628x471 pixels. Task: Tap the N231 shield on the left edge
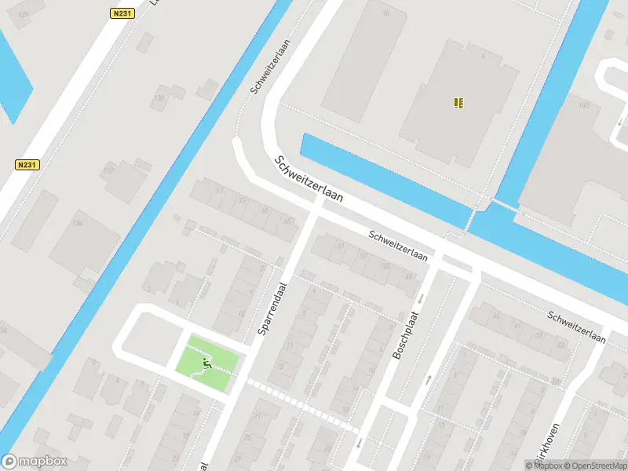coord(27,165)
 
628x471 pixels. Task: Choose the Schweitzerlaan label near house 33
coord(578,327)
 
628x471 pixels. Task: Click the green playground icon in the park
coord(207,363)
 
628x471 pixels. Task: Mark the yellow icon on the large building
coord(459,102)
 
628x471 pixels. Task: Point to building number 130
coord(159,98)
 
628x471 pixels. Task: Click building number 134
coord(77,224)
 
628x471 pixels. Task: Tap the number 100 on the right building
coord(582,105)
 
